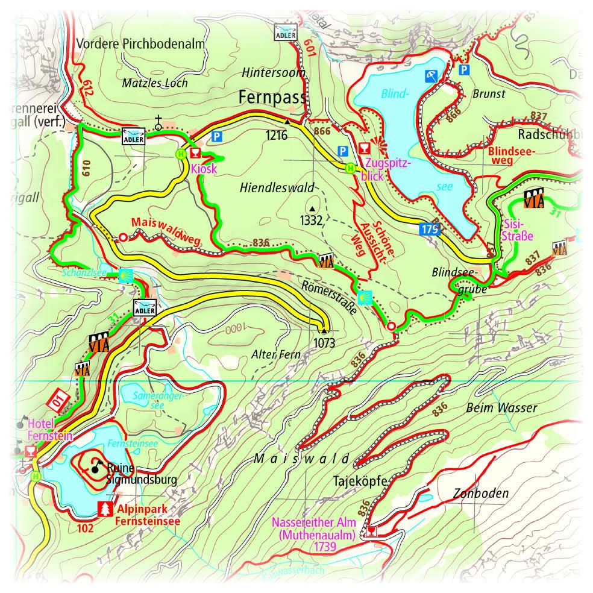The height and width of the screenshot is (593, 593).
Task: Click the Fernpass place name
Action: pyautogui.click(x=272, y=96)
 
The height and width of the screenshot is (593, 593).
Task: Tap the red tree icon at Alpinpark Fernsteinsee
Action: pyautogui.click(x=105, y=508)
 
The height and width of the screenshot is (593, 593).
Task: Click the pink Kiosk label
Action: pyautogui.click(x=203, y=169)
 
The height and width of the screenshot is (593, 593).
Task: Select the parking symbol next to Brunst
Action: pyautogui.click(x=463, y=71)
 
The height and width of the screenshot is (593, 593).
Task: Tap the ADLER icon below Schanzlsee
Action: pyautogui.click(x=145, y=307)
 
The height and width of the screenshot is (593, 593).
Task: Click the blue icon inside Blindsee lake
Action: pyautogui.click(x=431, y=76)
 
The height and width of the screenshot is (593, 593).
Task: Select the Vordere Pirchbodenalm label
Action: pyautogui.click(x=141, y=44)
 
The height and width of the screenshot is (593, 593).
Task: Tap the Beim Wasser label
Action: pyautogui.click(x=501, y=409)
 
